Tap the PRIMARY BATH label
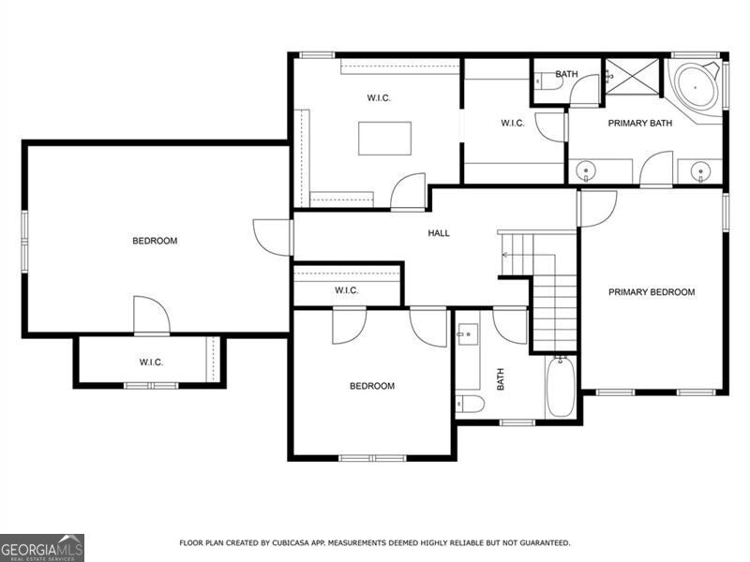(640, 124)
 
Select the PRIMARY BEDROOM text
(652, 292)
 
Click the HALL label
(439, 233)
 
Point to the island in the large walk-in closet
(384, 139)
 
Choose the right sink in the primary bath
(700, 171)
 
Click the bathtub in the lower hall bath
(560, 386)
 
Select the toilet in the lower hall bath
(471, 404)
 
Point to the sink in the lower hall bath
(467, 334)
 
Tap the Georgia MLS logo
(42, 547)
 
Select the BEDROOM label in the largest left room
(155, 241)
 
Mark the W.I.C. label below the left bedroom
(153, 362)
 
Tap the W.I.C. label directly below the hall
(347, 290)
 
